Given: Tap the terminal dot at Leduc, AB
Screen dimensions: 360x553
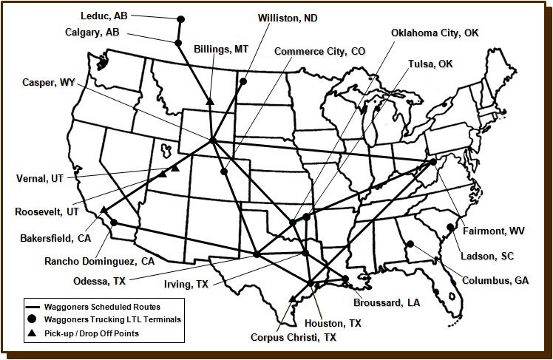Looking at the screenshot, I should [x=181, y=19].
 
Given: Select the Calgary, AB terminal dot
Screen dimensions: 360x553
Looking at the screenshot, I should [x=178, y=43].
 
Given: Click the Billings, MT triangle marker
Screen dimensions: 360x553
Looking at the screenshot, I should [x=211, y=101].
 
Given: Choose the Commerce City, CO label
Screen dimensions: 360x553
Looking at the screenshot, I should [x=320, y=51].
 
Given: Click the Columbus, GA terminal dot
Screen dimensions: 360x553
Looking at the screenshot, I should [x=409, y=245].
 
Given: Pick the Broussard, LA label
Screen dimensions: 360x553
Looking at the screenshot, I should [x=387, y=303].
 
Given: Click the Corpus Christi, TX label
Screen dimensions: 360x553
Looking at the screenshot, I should [x=294, y=336].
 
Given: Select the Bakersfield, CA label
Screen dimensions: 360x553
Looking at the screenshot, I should [x=57, y=238].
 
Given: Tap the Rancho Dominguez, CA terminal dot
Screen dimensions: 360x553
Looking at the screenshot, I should [x=115, y=223].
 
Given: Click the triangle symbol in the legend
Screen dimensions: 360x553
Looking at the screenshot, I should [x=32, y=333].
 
